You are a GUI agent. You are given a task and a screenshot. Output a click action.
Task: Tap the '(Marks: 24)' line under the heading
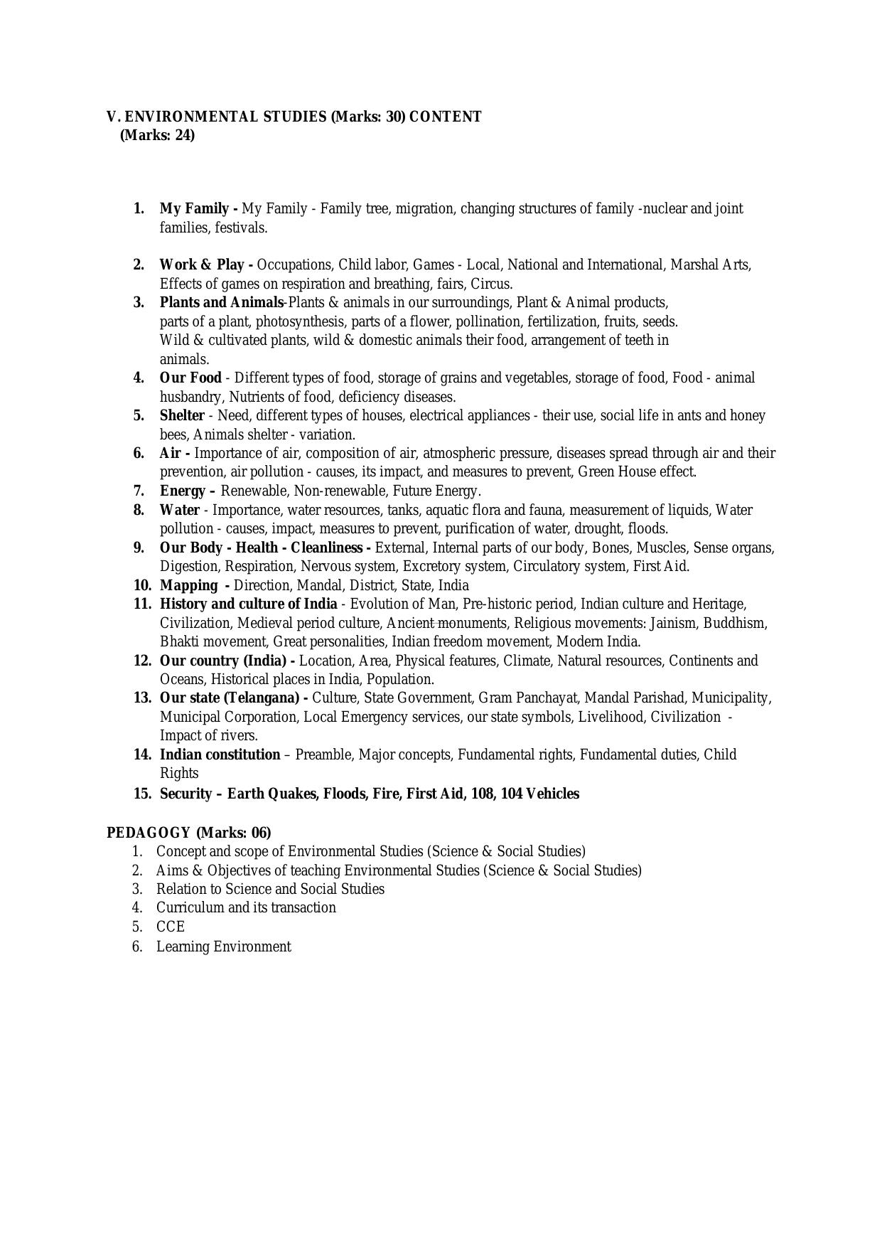pyautogui.click(x=157, y=135)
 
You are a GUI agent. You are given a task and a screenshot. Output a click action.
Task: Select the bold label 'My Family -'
pyautogui.click(x=198, y=208)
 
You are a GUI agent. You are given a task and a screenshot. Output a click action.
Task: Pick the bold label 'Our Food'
pyautogui.click(x=190, y=378)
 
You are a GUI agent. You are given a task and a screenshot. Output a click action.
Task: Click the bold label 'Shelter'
pyautogui.click(x=182, y=415)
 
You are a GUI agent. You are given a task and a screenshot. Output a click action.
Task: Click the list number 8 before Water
pyautogui.click(x=139, y=510)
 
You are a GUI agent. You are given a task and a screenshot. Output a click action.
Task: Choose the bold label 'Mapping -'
pyautogui.click(x=194, y=585)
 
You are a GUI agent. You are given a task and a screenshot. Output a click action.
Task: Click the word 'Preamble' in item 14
pyautogui.click(x=323, y=754)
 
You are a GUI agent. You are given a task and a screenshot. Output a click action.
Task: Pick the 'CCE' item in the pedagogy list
pyautogui.click(x=171, y=927)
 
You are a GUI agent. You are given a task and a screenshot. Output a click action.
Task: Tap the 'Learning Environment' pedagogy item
pyautogui.click(x=223, y=946)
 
